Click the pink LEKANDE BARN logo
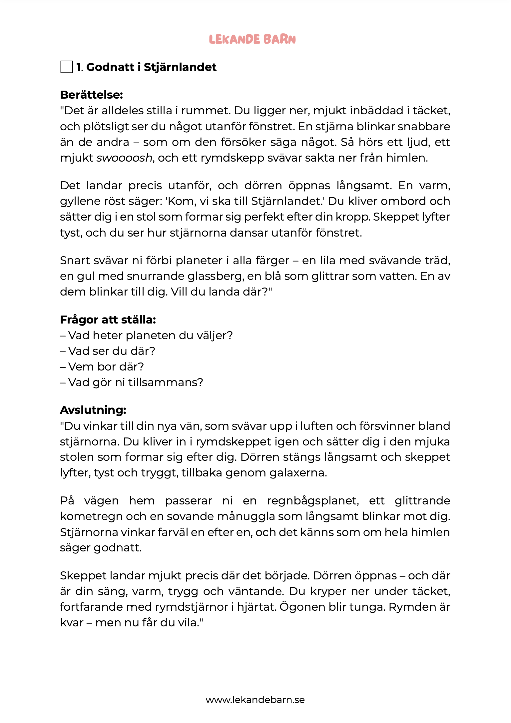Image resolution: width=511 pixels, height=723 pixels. coord(253,39)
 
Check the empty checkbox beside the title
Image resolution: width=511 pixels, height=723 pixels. coord(67,67)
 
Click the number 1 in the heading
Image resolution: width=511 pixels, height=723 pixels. coord(79,67)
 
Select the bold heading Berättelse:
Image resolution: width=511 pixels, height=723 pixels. coord(92,95)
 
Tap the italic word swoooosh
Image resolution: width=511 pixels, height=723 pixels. coord(124,158)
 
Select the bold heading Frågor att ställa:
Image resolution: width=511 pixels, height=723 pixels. coord(108,320)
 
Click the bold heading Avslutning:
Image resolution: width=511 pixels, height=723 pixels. coord(93,410)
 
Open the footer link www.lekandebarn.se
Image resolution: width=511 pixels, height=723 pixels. coord(255,700)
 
